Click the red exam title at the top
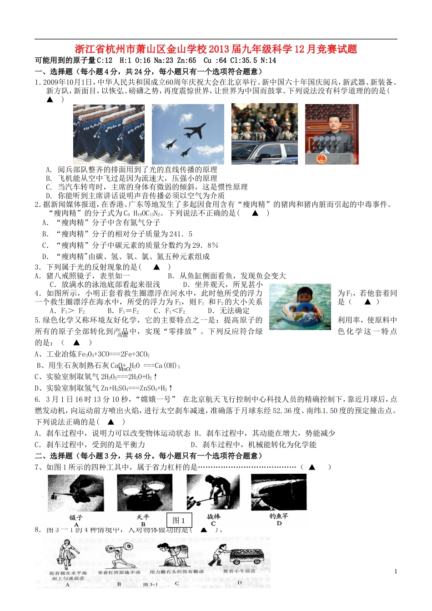[x=216, y=49]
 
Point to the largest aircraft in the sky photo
[x=194, y=130]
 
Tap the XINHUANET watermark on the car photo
[x=282, y=161]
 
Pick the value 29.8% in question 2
[x=206, y=245]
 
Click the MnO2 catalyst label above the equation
[x=125, y=370]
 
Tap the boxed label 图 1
[x=179, y=521]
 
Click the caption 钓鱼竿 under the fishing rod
[x=278, y=516]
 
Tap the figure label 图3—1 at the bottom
[x=150, y=584]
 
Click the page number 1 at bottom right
[x=395, y=571]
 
